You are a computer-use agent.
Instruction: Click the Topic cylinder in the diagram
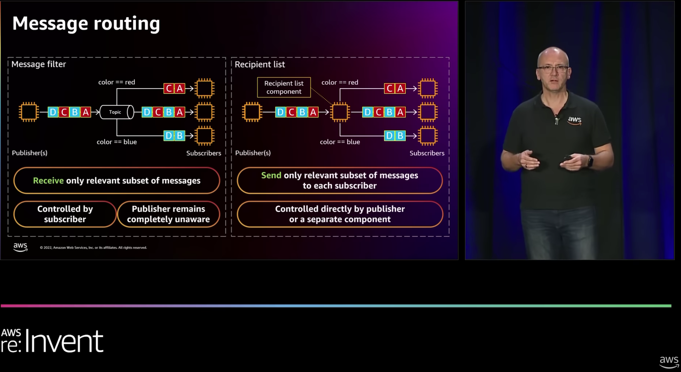coord(117,112)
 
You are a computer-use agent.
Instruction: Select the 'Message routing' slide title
coord(86,24)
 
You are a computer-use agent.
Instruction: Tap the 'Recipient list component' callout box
coord(284,87)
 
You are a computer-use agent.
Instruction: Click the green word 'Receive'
coord(48,181)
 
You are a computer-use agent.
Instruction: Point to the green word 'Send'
coord(271,175)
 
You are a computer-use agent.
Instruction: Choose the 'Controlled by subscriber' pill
coord(65,214)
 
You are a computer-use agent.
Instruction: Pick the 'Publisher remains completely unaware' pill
coord(168,214)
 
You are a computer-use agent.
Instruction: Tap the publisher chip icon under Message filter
coord(29,112)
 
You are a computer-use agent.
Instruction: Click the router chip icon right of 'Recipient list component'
coord(340,112)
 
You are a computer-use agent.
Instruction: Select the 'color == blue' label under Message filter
coord(117,142)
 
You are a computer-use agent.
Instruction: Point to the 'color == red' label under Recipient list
coord(340,83)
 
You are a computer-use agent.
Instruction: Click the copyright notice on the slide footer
coord(93,248)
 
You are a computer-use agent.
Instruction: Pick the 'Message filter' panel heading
coord(39,64)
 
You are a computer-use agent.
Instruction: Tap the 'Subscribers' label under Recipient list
coord(427,153)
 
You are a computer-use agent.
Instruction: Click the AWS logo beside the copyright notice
coord(20,247)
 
